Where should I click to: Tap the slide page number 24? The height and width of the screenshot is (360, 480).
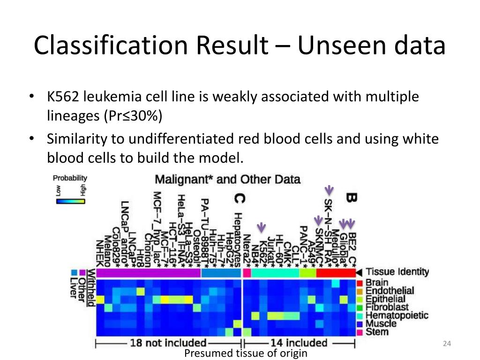[x=446, y=345]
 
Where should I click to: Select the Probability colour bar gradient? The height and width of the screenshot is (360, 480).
[x=70, y=200]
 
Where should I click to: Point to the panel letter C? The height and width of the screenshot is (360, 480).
[x=240, y=199]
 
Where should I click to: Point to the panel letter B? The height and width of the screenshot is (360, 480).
[x=351, y=198]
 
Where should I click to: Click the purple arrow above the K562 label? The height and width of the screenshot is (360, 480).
[x=262, y=227]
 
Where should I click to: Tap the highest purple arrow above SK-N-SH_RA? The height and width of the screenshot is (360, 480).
[x=329, y=190]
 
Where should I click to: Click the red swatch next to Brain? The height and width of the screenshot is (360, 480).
[x=360, y=283]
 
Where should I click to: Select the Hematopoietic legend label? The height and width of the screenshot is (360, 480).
[x=397, y=315]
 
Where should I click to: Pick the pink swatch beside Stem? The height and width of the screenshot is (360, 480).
[x=360, y=332]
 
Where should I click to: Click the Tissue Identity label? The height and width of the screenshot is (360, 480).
[x=397, y=271]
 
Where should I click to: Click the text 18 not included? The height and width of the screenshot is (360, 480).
[x=168, y=343]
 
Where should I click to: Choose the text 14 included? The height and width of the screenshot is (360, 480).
[x=298, y=343]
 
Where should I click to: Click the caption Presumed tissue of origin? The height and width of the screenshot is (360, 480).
[x=246, y=353]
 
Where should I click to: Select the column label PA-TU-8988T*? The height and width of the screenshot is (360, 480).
[x=205, y=230]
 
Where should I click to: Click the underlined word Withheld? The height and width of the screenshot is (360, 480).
[x=90, y=287]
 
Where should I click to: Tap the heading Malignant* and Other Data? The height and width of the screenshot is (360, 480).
[x=227, y=180]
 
